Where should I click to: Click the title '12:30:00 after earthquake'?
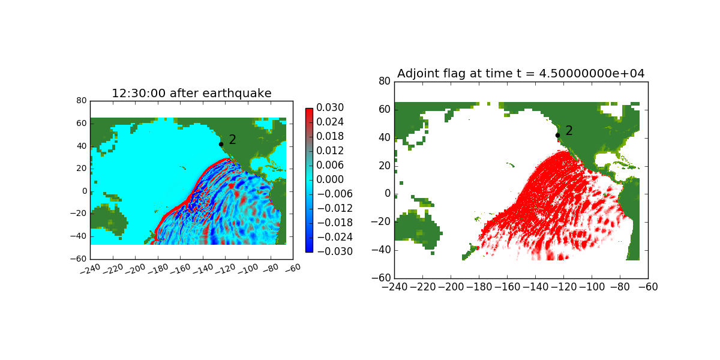pos(191,93)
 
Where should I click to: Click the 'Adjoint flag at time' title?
pos(521,73)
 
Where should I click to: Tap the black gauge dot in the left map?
pos(221,144)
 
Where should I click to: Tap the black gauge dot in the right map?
pos(558,135)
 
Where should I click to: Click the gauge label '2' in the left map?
pos(232,140)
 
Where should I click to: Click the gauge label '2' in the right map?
pos(569,131)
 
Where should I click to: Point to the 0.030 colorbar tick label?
pos(331,108)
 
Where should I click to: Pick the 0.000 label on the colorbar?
pos(331,179)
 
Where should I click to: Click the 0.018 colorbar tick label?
pos(331,136)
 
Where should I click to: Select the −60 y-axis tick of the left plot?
pos(78,259)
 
